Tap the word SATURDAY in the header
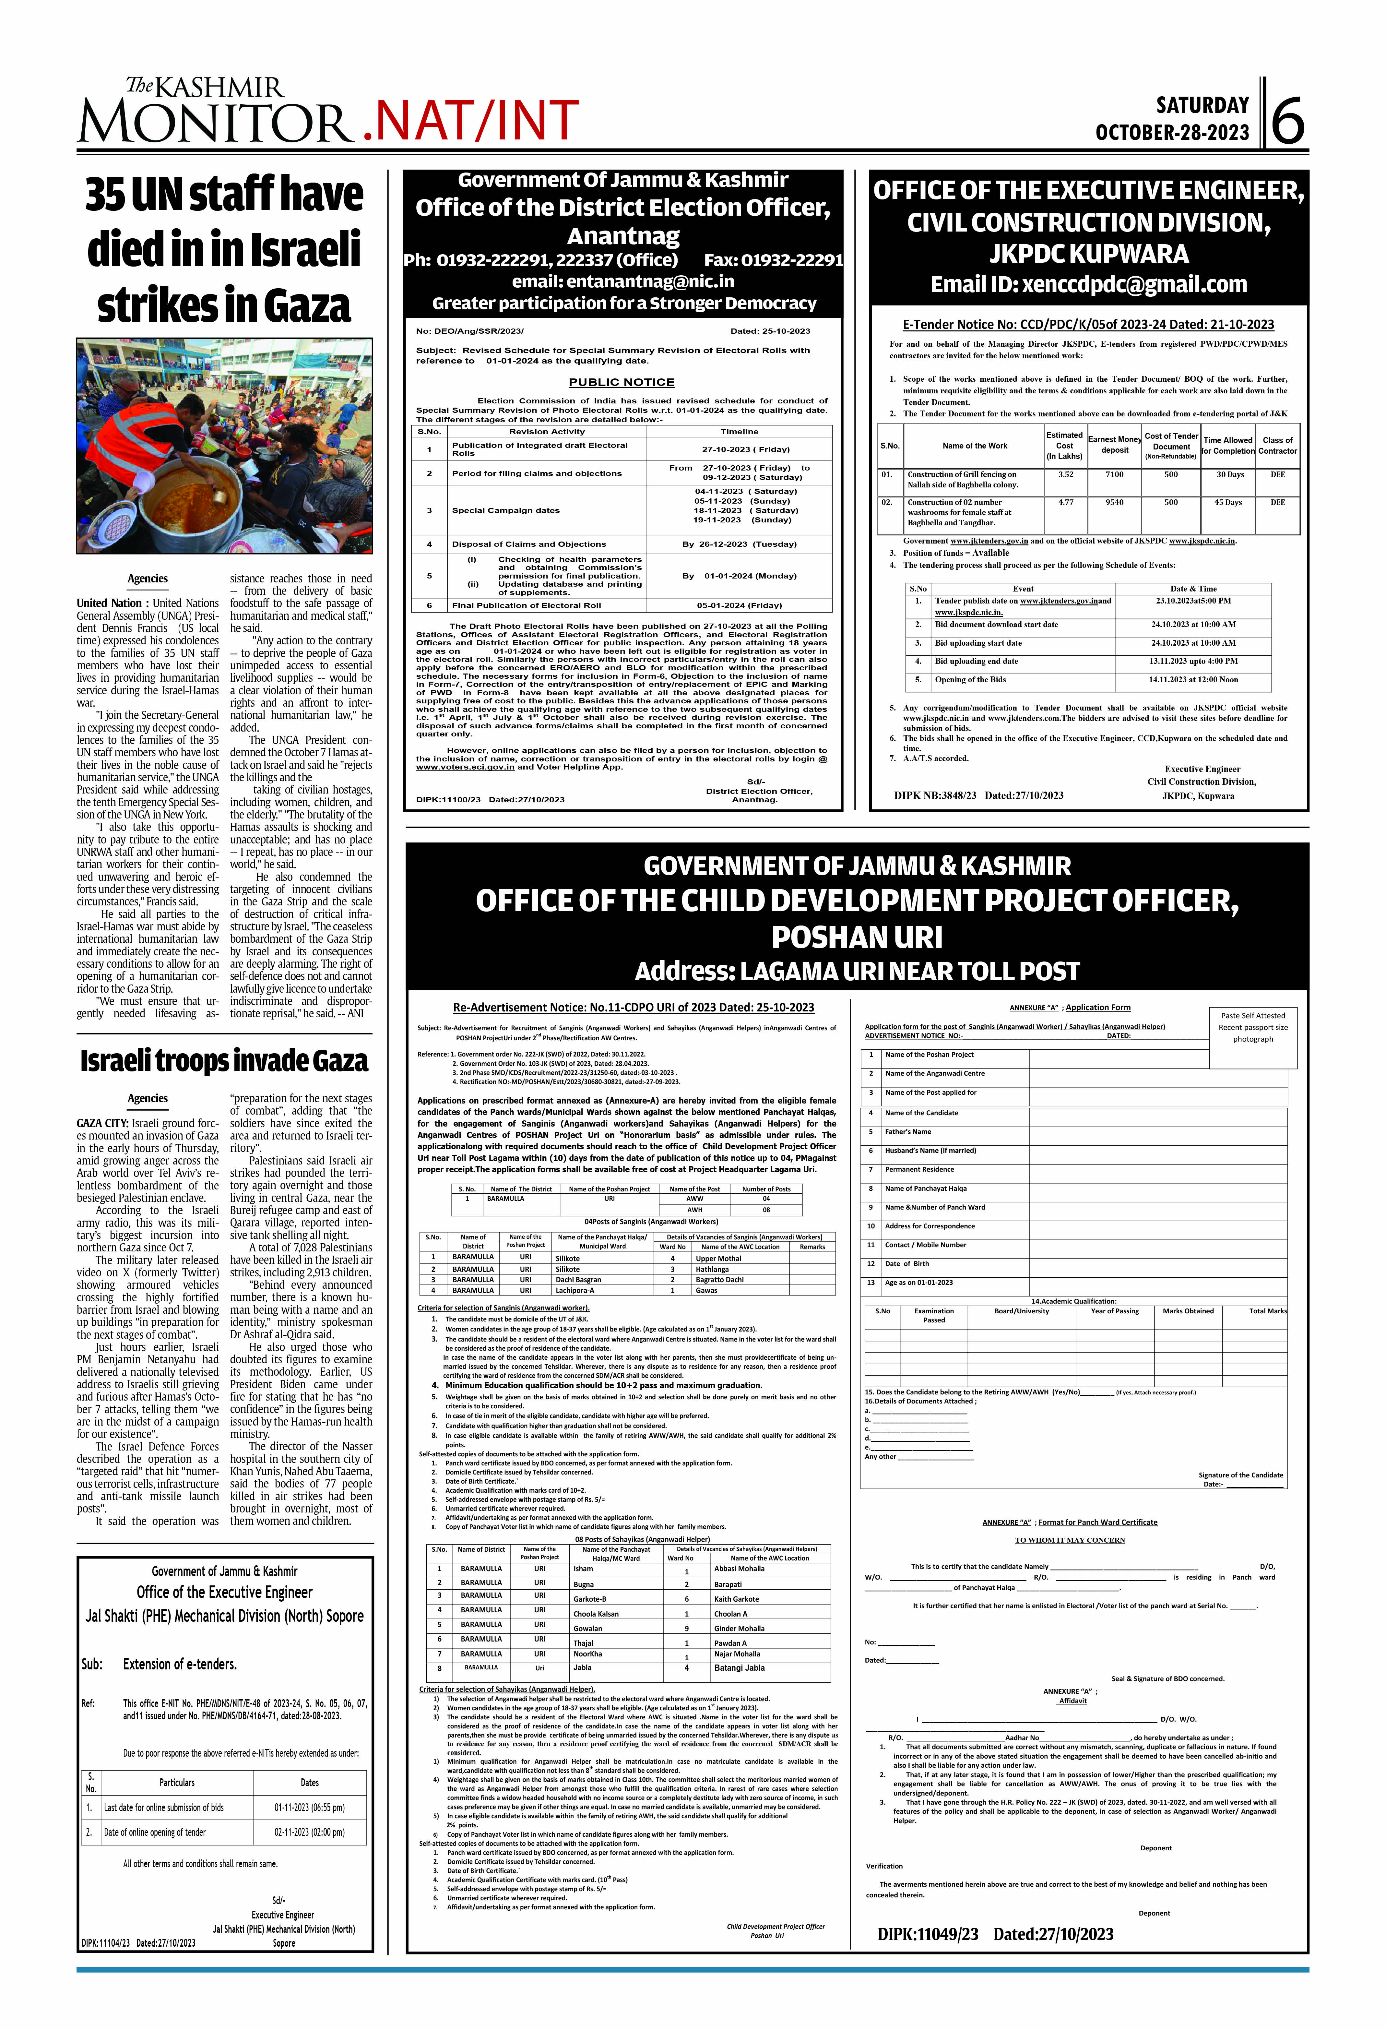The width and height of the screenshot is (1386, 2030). click(x=1202, y=106)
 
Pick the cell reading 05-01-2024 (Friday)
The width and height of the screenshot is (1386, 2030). click(x=739, y=605)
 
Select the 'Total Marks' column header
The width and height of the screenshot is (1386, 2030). click(x=1267, y=1311)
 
